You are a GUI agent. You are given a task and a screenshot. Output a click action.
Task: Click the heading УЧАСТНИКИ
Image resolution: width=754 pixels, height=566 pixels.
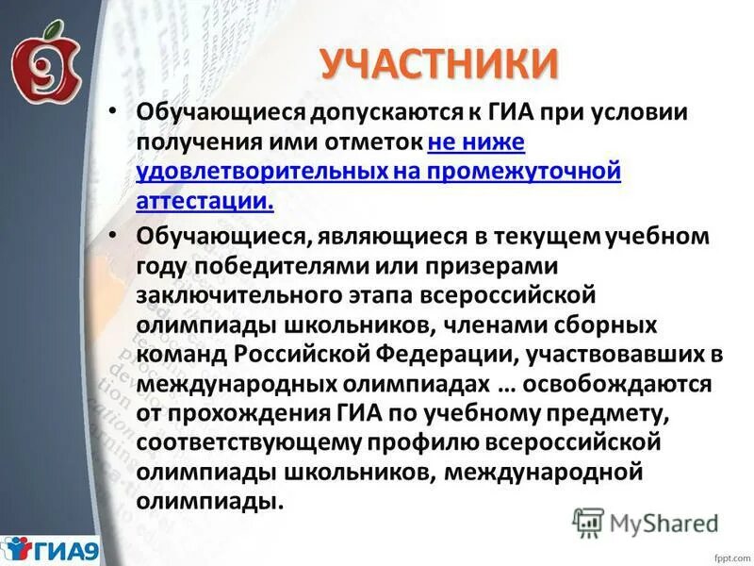coord(438,63)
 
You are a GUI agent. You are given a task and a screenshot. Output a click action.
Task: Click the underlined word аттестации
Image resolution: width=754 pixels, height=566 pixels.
coord(205,201)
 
